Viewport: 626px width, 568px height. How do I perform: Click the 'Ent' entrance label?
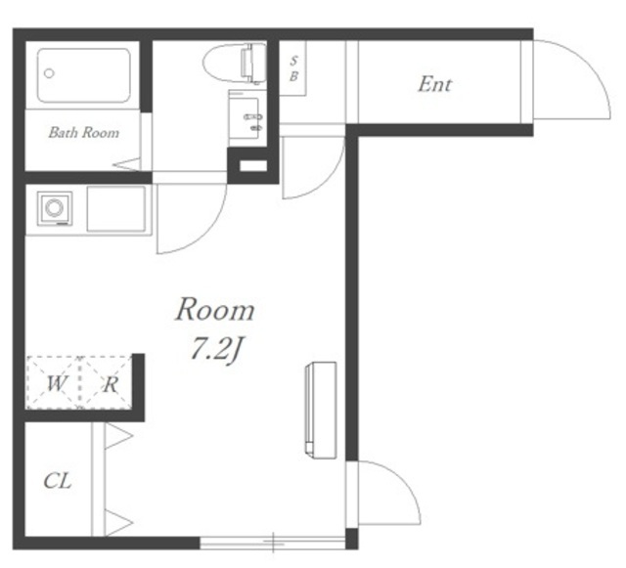coord(434,85)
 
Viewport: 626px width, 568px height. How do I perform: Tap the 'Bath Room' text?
coord(84,133)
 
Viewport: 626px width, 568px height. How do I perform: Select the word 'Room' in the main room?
coord(215,309)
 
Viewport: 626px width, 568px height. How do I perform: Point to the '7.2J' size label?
coord(216,348)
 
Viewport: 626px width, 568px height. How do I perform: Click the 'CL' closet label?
coord(58,481)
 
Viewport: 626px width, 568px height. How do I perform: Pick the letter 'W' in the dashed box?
coord(56,383)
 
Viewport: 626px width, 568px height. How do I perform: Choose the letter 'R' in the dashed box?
coord(111,385)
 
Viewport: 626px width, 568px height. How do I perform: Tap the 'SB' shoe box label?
coord(293,68)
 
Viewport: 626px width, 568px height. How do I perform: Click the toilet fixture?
coord(235,63)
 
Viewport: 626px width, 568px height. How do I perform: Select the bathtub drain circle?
coord(50,73)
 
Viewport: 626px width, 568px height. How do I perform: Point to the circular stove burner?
coord(55,208)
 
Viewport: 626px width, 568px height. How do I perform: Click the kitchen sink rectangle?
coord(116,209)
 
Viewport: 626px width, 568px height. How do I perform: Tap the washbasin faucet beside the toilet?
coord(252,117)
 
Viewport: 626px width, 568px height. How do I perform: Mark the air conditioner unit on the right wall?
coord(321,410)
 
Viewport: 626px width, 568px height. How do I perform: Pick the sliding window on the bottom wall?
coord(273,543)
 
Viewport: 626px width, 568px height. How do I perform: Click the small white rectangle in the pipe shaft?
coord(253,165)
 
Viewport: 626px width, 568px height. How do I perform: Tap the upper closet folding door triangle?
coord(118,436)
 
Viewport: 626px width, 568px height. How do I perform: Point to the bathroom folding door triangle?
coord(127,164)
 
